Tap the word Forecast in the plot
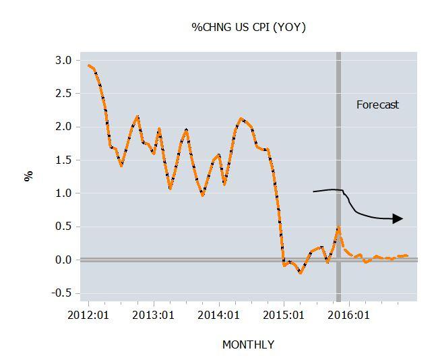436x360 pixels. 377,104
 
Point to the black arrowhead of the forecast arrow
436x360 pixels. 398,218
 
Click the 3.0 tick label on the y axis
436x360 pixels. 63,60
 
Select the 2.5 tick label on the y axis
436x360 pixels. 63,93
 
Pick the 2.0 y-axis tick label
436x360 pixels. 63,127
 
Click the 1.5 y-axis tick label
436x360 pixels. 63,160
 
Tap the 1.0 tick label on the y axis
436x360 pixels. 63,193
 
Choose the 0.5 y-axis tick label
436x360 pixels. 63,227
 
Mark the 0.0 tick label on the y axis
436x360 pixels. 63,260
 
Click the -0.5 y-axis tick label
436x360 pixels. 61,293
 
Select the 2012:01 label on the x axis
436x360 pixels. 88,315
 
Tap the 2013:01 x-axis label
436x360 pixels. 154,315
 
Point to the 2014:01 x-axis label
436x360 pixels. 219,315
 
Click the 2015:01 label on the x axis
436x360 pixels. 284,315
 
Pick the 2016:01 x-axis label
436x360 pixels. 350,315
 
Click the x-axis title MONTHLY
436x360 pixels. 248,344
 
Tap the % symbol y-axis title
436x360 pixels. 28,176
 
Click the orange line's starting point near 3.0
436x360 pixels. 89,65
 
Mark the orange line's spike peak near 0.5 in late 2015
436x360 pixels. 338,228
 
